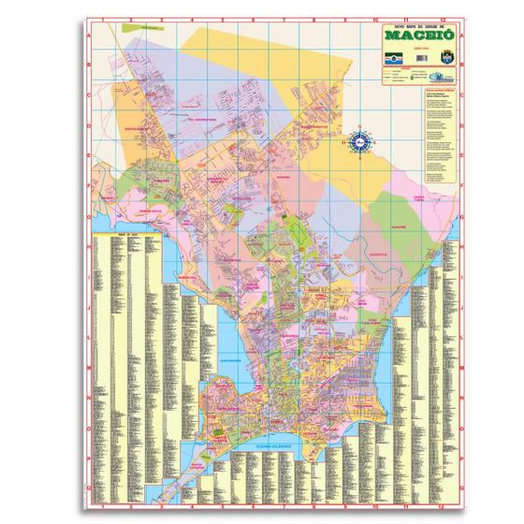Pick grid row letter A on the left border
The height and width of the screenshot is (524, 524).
pyautogui.click(x=87, y=37)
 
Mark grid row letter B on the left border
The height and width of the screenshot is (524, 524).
pyautogui.click(x=87, y=65)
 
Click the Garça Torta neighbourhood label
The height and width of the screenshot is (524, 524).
pyautogui.click(x=419, y=198)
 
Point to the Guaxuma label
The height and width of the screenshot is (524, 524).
pyautogui.click(x=397, y=226)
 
